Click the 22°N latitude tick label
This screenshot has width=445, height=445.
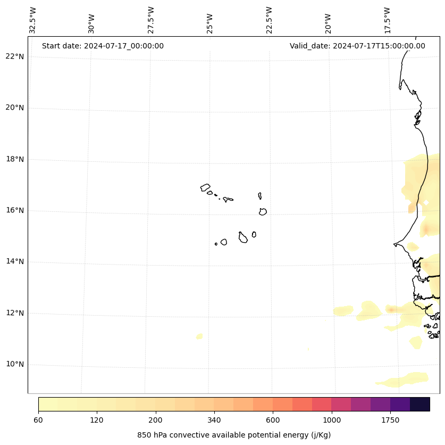[x=14, y=56]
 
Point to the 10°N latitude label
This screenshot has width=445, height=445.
[x=14, y=365]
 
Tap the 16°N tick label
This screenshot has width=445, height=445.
[x=14, y=210]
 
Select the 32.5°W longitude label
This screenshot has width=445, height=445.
[x=33, y=20]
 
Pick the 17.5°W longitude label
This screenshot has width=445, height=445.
[x=388, y=20]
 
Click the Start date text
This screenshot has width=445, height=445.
[x=103, y=46]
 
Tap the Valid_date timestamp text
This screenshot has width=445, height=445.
[x=357, y=46]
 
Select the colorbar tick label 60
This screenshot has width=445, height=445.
[x=38, y=421]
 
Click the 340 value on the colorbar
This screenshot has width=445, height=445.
[x=214, y=421]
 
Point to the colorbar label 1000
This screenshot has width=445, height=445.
[x=332, y=421]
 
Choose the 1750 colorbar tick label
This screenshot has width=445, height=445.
[x=390, y=421]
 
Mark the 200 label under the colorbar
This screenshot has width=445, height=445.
[x=156, y=421]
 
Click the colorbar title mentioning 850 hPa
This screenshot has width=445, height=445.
[x=234, y=435]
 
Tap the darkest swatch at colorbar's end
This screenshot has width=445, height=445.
[x=420, y=404]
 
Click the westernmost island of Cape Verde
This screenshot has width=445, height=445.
[x=205, y=187]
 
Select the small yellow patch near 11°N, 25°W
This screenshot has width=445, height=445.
[x=199, y=336]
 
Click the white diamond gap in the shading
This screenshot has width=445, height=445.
[x=426, y=202]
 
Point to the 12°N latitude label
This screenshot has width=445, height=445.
[x=14, y=313]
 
